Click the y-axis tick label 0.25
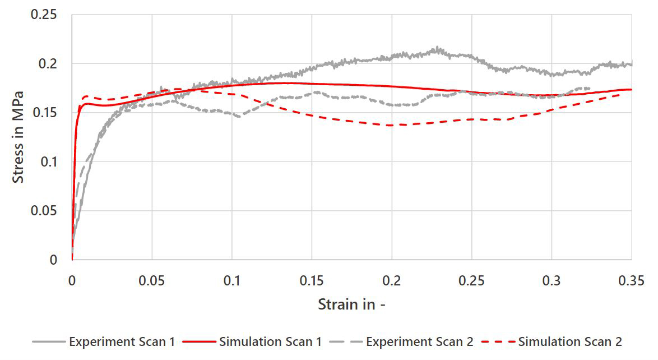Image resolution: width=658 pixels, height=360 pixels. (44, 14)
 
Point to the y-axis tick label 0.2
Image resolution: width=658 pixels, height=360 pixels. (49, 63)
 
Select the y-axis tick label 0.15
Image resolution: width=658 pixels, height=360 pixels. (44, 112)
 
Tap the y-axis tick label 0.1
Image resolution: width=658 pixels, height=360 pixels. (49, 161)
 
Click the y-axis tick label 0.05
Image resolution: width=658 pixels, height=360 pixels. (44, 211)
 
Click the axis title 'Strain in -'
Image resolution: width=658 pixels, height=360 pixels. (352, 304)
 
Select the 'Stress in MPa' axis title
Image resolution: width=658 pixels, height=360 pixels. (19, 137)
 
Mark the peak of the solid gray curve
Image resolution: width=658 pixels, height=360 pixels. (437, 48)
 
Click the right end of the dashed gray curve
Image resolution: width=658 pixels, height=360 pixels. (590, 88)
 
